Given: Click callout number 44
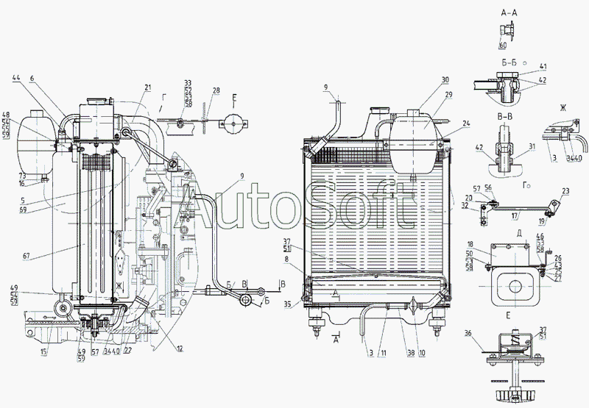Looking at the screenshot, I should point(17,78).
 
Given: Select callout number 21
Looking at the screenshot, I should point(147,87).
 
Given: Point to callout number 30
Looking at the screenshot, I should point(444,79).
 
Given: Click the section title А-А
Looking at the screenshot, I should point(510,12).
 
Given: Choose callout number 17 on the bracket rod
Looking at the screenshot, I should point(515,216).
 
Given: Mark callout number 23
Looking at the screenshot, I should point(566,192).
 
